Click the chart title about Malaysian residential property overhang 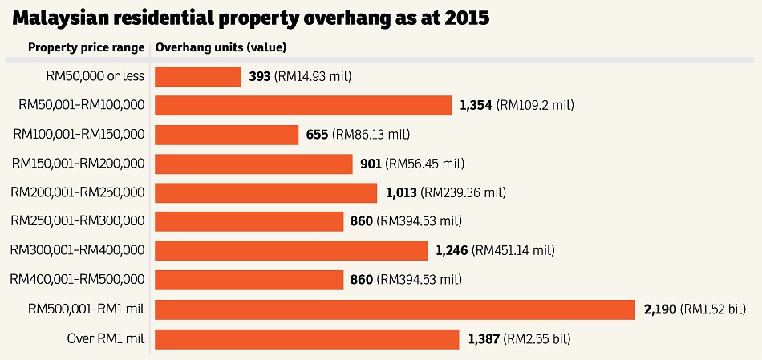tap(250, 18)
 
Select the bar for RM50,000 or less tap(198, 76)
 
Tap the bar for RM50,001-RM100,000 tap(303, 105)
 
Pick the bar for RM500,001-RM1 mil tap(395, 309)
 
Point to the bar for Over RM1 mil tap(306, 339)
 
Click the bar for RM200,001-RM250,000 tap(265, 193)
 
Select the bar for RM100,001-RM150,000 tap(226, 135)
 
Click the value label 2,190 tap(661, 309)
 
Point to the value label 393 tap(260, 76)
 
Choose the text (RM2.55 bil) tap(536, 339)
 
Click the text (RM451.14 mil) tap(514, 251)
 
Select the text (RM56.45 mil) tap(425, 164)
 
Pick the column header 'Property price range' tap(87, 47)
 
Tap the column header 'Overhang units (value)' tap(221, 47)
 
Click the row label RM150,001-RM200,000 tap(78, 164)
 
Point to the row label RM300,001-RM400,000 tap(78, 251)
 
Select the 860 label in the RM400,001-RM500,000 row tap(361, 280)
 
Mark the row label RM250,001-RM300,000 tap(78, 221)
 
